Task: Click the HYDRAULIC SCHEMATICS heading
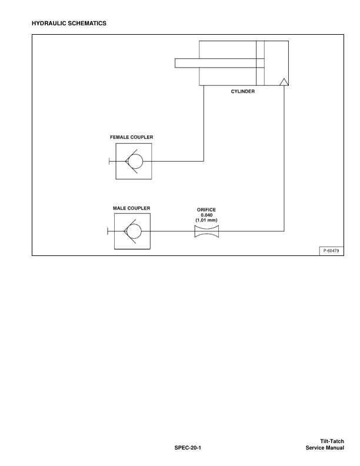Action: tap(69, 23)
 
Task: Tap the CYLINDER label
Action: tap(243, 92)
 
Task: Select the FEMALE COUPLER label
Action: tap(132, 137)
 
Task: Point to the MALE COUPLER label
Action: tap(131, 208)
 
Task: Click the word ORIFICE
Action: tap(206, 210)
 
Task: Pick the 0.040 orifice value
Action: tap(206, 215)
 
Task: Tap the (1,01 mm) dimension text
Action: tap(206, 220)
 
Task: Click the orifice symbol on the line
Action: tap(206, 231)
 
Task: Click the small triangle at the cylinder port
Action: tap(284, 82)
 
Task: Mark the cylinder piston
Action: tap(260, 64)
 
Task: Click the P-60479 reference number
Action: tap(331, 251)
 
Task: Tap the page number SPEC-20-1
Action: tap(188, 448)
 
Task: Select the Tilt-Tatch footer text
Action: tap(332, 441)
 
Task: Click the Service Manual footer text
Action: tap(325, 448)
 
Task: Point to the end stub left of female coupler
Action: tap(109, 161)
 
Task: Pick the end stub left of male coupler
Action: tap(108, 231)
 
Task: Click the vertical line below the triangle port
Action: tap(284, 158)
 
